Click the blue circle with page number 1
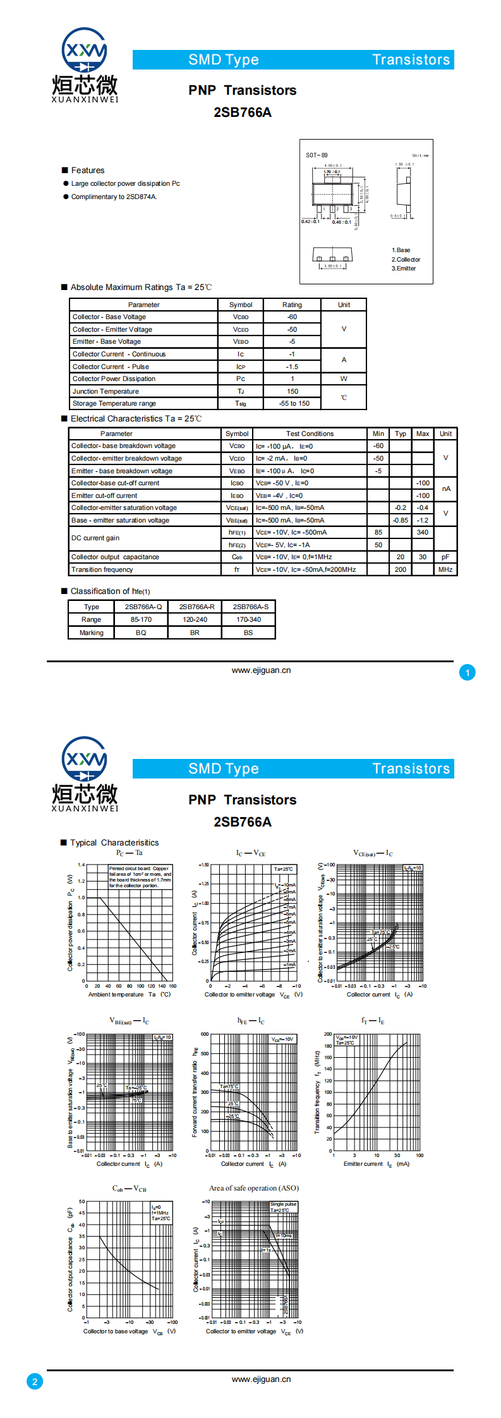(468, 673)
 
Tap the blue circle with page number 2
(35, 1381)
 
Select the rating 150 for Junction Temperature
(293, 391)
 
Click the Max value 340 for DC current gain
(423, 532)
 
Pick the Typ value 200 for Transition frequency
(401, 569)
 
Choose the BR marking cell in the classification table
(195, 633)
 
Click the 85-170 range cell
(141, 619)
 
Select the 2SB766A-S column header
(250, 607)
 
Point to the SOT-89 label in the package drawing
(317, 155)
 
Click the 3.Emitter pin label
(404, 269)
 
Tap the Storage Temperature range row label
(114, 403)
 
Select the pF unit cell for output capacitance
(445, 557)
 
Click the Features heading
(88, 171)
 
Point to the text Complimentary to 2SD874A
(114, 197)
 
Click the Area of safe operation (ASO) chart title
(254, 1188)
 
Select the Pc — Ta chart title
(130, 852)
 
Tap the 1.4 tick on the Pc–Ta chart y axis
(81, 864)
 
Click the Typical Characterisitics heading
(114, 842)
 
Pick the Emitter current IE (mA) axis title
(376, 1164)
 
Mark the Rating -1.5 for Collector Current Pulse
(292, 367)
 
